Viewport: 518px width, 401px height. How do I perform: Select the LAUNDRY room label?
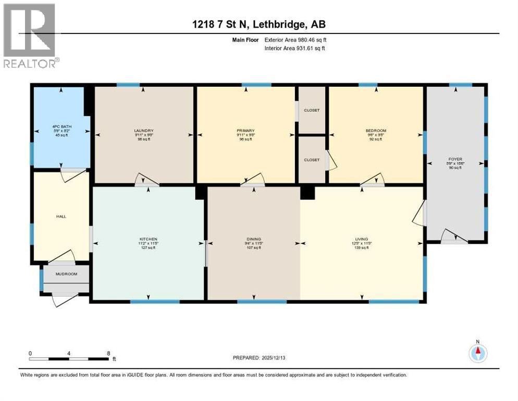click(143, 131)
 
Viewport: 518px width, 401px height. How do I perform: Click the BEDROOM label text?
click(375, 131)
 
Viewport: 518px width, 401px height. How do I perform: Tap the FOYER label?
click(456, 159)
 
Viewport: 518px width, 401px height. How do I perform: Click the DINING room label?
click(254, 239)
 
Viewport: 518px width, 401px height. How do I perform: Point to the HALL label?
click(61, 216)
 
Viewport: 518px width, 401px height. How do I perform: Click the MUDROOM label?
click(66, 274)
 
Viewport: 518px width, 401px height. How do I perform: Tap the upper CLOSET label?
click(311, 110)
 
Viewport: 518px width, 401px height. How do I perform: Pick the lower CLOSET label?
click(311, 160)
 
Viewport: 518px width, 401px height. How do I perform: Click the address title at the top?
click(259, 25)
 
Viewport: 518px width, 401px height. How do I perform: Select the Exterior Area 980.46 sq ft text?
click(295, 40)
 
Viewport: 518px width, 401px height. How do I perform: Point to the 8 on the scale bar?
click(108, 353)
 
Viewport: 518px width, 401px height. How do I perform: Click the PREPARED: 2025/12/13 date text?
click(259, 358)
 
